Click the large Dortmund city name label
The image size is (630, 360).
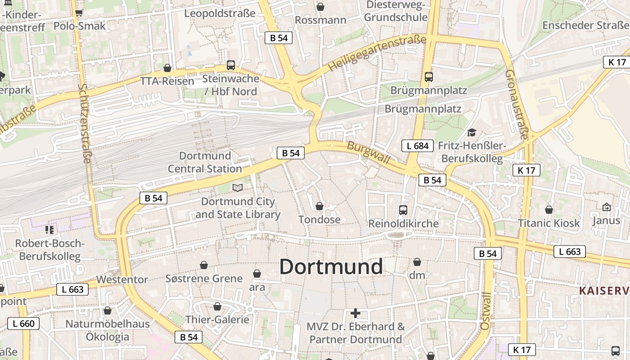331,267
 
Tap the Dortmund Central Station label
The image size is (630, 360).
205,162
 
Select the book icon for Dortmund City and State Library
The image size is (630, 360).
237,188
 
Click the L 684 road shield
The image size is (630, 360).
417,146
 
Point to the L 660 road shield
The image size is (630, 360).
23,323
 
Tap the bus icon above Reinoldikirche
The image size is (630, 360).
403,210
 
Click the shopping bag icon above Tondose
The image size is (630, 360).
319,206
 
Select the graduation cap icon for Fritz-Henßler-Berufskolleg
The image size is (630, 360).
472,132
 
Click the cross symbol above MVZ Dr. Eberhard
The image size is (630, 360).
355,313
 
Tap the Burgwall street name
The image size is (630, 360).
369,153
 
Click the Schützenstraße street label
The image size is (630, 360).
85,124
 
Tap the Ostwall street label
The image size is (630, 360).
486,310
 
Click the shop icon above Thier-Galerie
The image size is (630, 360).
217,306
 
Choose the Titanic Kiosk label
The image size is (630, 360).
549,223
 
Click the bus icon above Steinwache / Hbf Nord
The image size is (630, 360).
231,65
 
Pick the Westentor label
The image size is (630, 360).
122,279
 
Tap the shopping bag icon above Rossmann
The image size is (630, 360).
320,7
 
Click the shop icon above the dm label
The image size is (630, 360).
417,262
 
